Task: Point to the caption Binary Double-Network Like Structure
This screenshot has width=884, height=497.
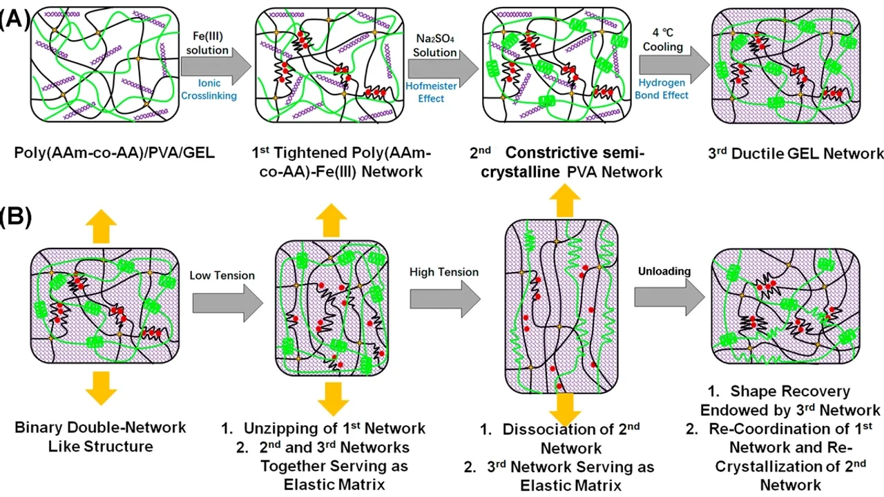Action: pyautogui.click(x=100, y=437)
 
